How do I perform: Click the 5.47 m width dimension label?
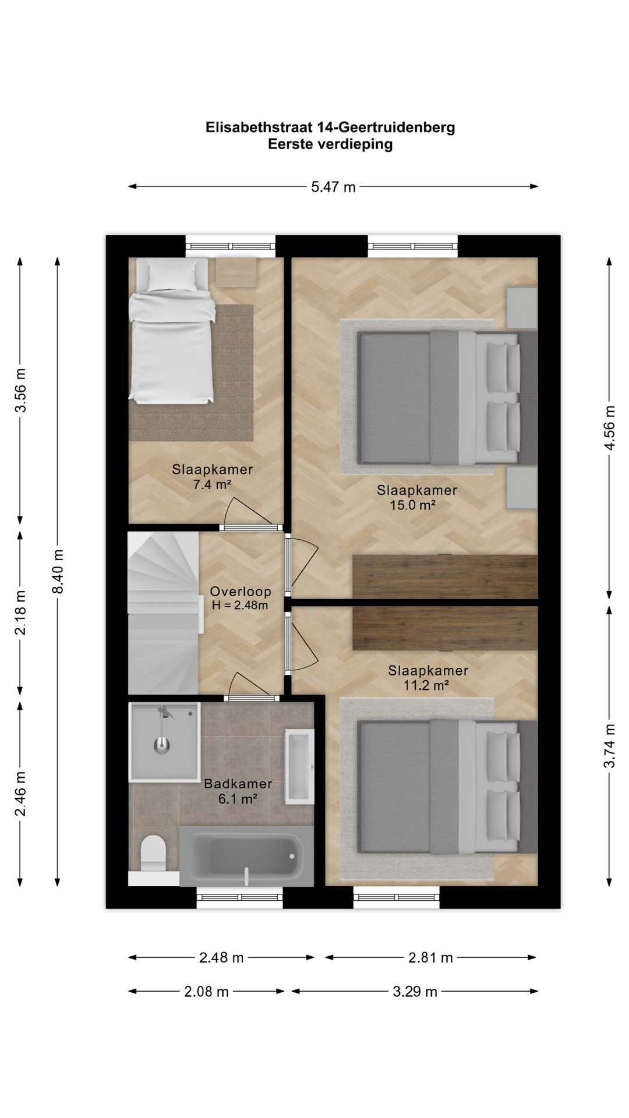[333, 187]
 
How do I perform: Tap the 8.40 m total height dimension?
[58, 572]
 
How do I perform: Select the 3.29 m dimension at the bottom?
[415, 991]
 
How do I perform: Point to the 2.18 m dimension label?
[20, 613]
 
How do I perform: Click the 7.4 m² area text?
[213, 484]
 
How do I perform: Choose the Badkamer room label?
[238, 784]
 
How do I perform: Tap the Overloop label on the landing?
[241, 592]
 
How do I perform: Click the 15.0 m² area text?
[413, 505]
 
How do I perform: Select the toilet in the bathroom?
[154, 854]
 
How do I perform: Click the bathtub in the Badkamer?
[246, 856]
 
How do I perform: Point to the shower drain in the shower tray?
[162, 745]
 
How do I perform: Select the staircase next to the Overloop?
[164, 613]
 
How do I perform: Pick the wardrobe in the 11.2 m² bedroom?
[445, 628]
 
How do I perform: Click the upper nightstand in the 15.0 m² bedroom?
[522, 307]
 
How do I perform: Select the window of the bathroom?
[239, 897]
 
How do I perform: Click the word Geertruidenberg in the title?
[397, 128]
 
